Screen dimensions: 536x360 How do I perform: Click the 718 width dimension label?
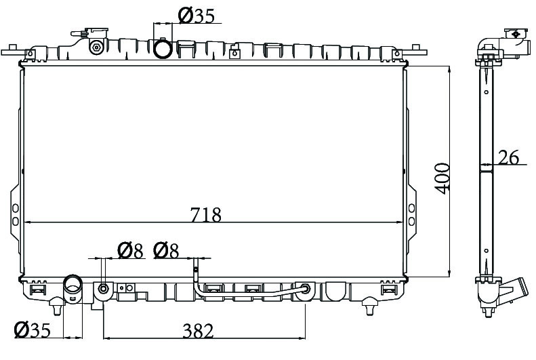(206, 215)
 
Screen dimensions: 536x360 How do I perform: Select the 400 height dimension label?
(442, 178)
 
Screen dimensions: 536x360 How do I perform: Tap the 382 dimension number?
(198, 331)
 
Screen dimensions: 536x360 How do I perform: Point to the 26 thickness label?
(508, 157)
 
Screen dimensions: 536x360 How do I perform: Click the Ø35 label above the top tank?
(197, 16)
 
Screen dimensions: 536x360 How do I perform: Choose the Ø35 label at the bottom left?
(32, 330)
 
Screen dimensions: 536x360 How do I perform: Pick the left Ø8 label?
(130, 251)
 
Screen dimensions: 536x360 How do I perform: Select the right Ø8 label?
(166, 251)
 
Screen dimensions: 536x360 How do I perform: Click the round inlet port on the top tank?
(163, 49)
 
